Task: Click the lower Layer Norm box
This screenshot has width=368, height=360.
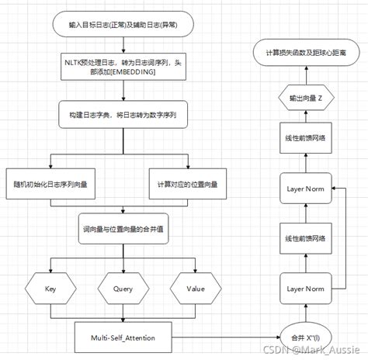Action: click(x=306, y=287)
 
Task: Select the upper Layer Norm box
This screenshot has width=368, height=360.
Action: click(x=306, y=189)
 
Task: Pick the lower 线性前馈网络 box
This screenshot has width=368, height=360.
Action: click(x=306, y=237)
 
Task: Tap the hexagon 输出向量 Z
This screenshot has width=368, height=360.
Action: click(x=306, y=99)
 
